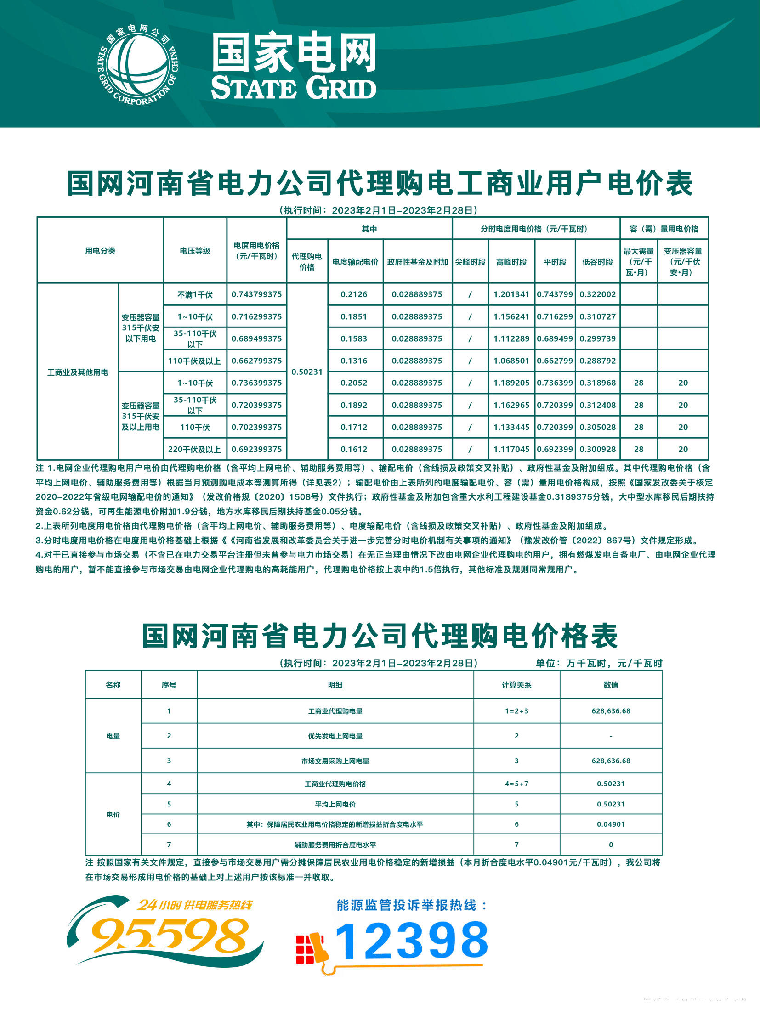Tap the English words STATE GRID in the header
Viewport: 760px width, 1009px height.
pos(293,88)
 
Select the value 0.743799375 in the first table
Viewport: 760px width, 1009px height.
pos(256,294)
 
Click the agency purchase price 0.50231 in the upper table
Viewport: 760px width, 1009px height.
pos(307,372)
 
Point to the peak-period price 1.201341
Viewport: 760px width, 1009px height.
pos(511,294)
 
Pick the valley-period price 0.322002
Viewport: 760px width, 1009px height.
pos(597,294)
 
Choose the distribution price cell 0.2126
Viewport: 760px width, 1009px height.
pos(354,294)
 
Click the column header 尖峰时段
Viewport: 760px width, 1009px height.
pos(470,262)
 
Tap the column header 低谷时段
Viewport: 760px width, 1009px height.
pos(597,262)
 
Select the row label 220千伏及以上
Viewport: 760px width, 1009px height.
pos(194,449)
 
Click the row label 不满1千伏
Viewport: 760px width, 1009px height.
pos(195,294)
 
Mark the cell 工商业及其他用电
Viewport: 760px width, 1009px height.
pos(78,372)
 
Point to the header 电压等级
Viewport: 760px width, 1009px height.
pos(195,251)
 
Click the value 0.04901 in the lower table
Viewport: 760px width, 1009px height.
pos(611,824)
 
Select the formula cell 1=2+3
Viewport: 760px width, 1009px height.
pos(516,711)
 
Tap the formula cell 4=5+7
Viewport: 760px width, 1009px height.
pos(516,784)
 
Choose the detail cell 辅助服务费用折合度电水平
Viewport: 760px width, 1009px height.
pos(335,845)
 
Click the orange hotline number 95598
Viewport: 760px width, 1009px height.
pos(170,935)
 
